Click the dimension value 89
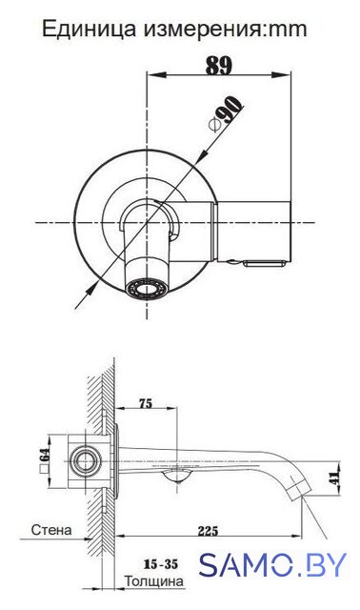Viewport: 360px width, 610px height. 218,66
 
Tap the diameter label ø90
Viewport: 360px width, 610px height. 227,113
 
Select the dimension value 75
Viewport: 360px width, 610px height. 146,404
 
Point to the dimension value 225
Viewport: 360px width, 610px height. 208,531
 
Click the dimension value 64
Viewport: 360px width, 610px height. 45,454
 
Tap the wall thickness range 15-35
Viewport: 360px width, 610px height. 161,563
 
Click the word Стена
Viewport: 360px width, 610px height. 51,530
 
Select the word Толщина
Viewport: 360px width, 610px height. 154,581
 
